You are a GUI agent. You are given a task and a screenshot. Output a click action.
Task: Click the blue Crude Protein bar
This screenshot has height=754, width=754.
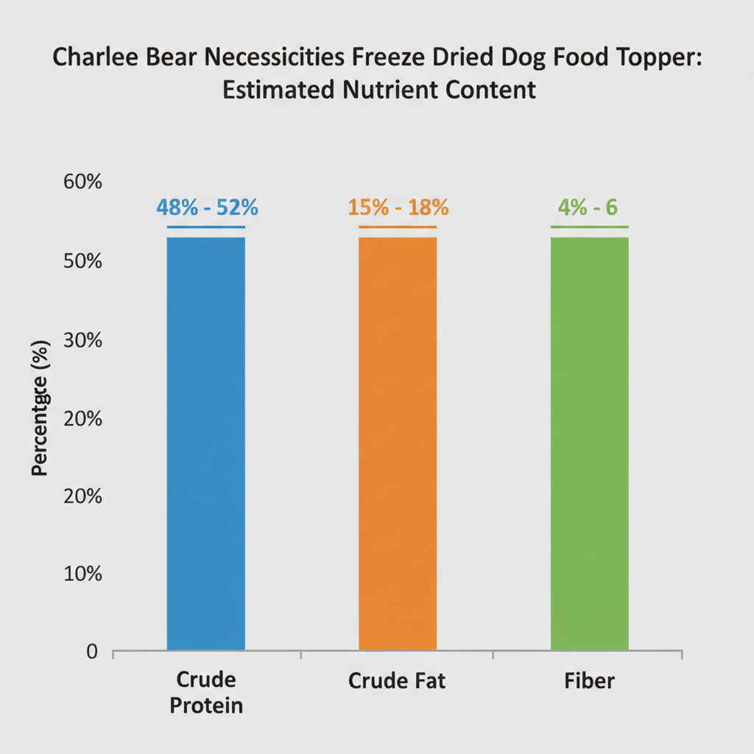click(x=206, y=442)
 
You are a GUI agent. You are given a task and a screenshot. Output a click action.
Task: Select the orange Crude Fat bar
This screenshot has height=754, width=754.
click(x=398, y=442)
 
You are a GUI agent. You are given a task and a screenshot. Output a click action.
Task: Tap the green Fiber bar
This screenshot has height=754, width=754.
click(x=590, y=442)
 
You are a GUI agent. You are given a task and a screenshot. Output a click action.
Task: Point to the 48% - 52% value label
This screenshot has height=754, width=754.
click(x=207, y=208)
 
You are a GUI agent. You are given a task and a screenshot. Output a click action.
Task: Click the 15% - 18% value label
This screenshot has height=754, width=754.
click(x=398, y=208)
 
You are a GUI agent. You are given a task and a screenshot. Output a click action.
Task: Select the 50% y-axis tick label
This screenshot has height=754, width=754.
click(x=82, y=261)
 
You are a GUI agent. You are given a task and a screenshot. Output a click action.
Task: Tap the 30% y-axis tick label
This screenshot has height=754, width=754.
click(x=82, y=340)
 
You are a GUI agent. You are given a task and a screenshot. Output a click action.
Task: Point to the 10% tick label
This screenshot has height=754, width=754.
click(x=82, y=574)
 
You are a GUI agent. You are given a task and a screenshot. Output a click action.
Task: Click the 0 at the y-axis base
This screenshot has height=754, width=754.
click(x=92, y=652)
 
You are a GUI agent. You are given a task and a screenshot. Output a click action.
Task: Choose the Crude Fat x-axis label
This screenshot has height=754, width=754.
click(x=397, y=681)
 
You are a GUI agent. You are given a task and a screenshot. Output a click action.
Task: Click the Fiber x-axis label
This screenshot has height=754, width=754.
click(x=590, y=681)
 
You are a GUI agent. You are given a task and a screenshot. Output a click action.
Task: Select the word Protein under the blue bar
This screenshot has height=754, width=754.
click(x=206, y=706)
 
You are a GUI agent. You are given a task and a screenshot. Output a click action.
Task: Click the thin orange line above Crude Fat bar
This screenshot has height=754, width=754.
click(x=398, y=227)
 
